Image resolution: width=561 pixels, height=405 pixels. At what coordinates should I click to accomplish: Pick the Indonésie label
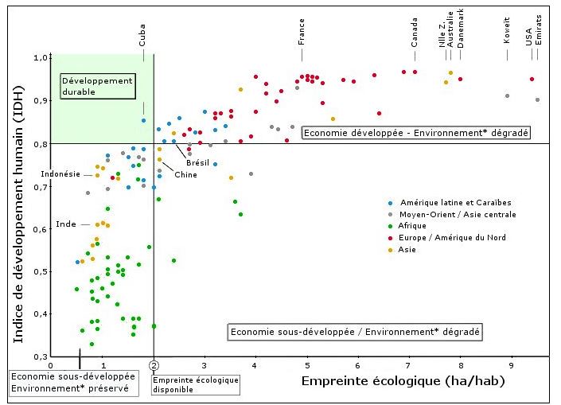click(60, 173)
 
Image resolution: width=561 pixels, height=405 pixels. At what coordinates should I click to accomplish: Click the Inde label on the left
click(66, 224)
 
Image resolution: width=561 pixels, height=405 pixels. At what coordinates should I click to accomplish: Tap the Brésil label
click(197, 162)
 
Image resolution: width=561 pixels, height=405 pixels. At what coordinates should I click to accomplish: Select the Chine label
click(186, 174)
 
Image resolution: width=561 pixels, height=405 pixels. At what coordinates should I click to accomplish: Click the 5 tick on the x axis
click(306, 365)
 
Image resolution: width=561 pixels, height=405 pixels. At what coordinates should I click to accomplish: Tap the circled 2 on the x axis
click(154, 365)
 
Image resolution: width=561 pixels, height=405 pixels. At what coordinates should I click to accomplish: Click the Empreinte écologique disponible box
click(184, 385)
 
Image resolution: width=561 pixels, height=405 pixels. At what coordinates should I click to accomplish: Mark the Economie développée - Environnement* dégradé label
click(415, 133)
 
